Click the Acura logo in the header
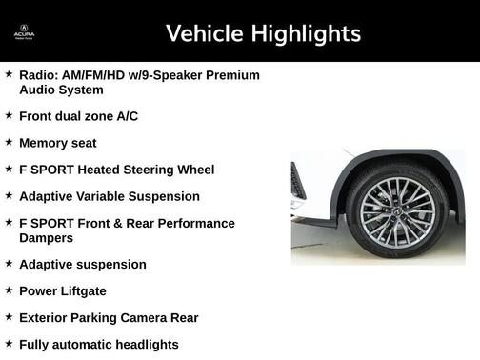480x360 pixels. pos(24,32)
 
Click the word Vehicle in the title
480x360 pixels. pos(204,34)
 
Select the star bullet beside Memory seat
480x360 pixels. pos(9,142)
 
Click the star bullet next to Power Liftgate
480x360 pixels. pos(9,290)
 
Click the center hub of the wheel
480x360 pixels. pos(397,211)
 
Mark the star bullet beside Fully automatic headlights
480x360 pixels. pos(9,344)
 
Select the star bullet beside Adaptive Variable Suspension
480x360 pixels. pos(9,195)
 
